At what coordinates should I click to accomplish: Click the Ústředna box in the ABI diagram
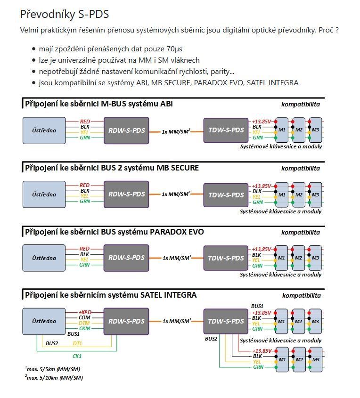[x=44, y=130]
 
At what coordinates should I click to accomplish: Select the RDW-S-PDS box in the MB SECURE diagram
[x=126, y=194]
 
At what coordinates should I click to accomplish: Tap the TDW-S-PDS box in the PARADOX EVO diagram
[x=226, y=258]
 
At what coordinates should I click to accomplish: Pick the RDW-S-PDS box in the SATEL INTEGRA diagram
[x=126, y=321]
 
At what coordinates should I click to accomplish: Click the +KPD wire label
[x=85, y=312]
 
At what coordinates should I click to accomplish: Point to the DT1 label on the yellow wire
[x=77, y=343]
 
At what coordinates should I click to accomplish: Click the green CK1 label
[x=77, y=356]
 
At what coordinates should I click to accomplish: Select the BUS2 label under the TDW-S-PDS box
[x=211, y=339]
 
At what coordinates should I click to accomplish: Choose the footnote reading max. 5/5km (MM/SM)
[x=52, y=369]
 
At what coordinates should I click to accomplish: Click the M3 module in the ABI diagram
[x=315, y=130]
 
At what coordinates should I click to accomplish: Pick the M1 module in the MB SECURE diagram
[x=282, y=194]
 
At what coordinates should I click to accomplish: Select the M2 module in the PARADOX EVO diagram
[x=299, y=258]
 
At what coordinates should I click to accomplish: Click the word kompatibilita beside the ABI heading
[x=300, y=104]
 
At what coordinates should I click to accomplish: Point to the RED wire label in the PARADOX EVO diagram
[x=84, y=249]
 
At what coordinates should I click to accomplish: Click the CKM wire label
[x=85, y=329]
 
